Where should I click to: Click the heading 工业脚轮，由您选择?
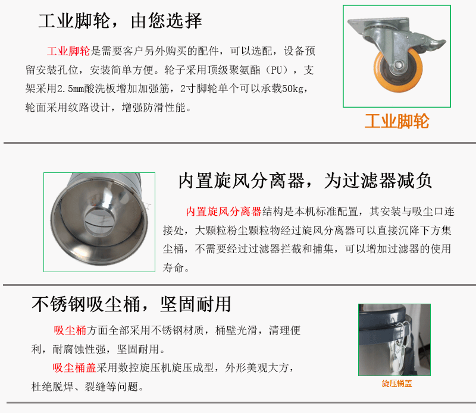point(120,21)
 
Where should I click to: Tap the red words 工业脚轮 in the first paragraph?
point(68,51)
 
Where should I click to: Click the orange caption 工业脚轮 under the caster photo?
point(397,121)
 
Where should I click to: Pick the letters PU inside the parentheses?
point(277,70)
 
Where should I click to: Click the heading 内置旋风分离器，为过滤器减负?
point(305,181)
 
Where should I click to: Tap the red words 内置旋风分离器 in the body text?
point(224,212)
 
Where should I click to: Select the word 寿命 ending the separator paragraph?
point(173,267)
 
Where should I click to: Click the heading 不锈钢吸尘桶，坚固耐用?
point(131,304)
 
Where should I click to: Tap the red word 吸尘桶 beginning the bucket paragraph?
point(70,330)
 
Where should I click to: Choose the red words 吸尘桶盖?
point(74,368)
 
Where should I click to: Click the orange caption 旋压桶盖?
point(397,384)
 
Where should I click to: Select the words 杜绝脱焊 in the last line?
point(52,387)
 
